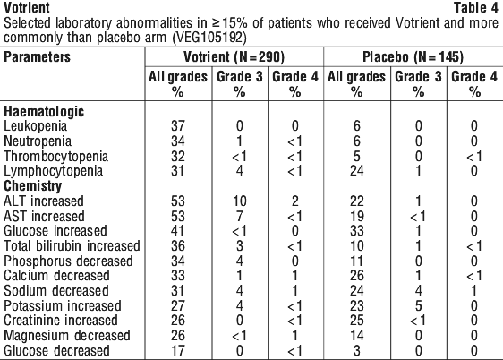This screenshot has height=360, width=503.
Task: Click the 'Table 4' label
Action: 476,8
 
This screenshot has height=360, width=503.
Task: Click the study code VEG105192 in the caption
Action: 209,38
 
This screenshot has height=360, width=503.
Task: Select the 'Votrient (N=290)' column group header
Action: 234,56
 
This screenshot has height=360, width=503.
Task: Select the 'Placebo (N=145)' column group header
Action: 413,56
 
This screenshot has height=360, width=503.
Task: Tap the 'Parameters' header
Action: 37,56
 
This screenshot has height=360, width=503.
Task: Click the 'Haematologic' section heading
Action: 44,112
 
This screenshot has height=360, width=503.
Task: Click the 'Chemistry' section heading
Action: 33,185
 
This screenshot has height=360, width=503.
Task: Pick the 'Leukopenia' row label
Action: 35,126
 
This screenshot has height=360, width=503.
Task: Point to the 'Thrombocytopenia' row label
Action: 55,157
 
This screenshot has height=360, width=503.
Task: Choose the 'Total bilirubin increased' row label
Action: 72,245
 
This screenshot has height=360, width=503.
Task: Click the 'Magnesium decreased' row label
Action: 67,336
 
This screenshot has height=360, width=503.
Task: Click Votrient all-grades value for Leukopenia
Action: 178,126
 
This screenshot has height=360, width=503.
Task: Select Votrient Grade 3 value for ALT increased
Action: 240,201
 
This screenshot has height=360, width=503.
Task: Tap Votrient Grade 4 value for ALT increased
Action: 294,201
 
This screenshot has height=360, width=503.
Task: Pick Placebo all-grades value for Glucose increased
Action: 357,231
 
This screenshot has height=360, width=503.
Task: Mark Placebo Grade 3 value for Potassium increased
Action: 418,305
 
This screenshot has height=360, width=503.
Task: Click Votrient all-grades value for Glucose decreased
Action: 178,351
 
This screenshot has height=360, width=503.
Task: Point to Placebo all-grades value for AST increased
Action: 357,216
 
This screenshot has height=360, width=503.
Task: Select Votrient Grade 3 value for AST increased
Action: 240,216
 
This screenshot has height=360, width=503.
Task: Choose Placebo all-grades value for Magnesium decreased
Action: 357,336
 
